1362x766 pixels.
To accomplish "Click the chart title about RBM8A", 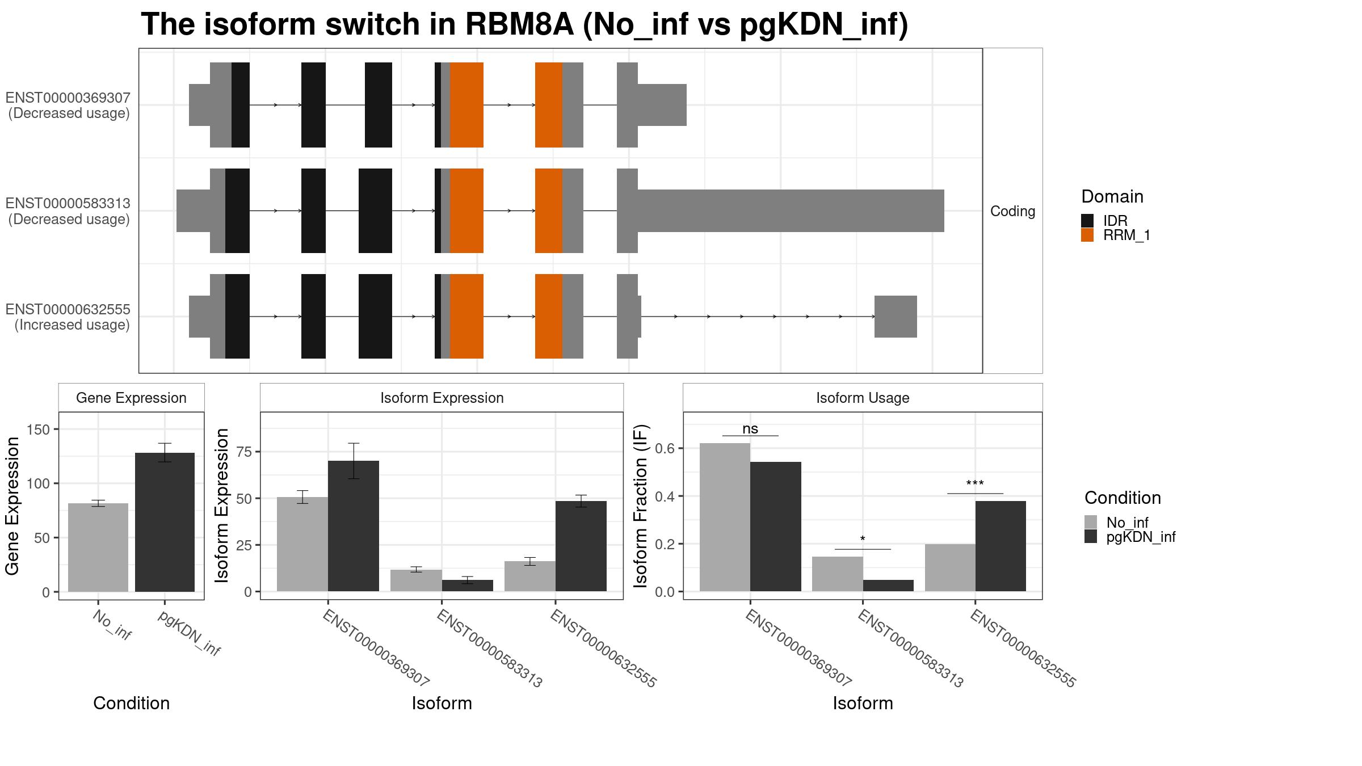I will [524, 26].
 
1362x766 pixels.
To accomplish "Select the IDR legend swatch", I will [1087, 221].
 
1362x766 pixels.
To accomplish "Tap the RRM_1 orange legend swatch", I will [1087, 235].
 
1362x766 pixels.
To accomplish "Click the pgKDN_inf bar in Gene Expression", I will [165, 522].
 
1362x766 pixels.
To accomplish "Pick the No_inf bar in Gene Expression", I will [98, 548].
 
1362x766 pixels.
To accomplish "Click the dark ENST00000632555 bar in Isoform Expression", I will [581, 546].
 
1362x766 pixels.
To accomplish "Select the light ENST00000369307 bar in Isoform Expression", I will [302, 544].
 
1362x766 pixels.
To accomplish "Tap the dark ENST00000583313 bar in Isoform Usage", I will [888, 586].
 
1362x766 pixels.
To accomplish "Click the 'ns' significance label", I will [750, 429].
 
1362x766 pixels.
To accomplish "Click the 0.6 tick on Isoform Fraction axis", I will [666, 448].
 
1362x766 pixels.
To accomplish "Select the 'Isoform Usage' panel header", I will [862, 398].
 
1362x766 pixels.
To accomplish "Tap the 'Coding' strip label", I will [1012, 211].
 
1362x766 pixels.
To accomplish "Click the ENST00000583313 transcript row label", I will [68, 211].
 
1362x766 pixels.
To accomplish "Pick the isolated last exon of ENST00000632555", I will [895, 317].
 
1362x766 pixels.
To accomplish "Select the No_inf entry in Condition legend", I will [1126, 523].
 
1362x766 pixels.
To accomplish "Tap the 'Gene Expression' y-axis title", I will [12, 506].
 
